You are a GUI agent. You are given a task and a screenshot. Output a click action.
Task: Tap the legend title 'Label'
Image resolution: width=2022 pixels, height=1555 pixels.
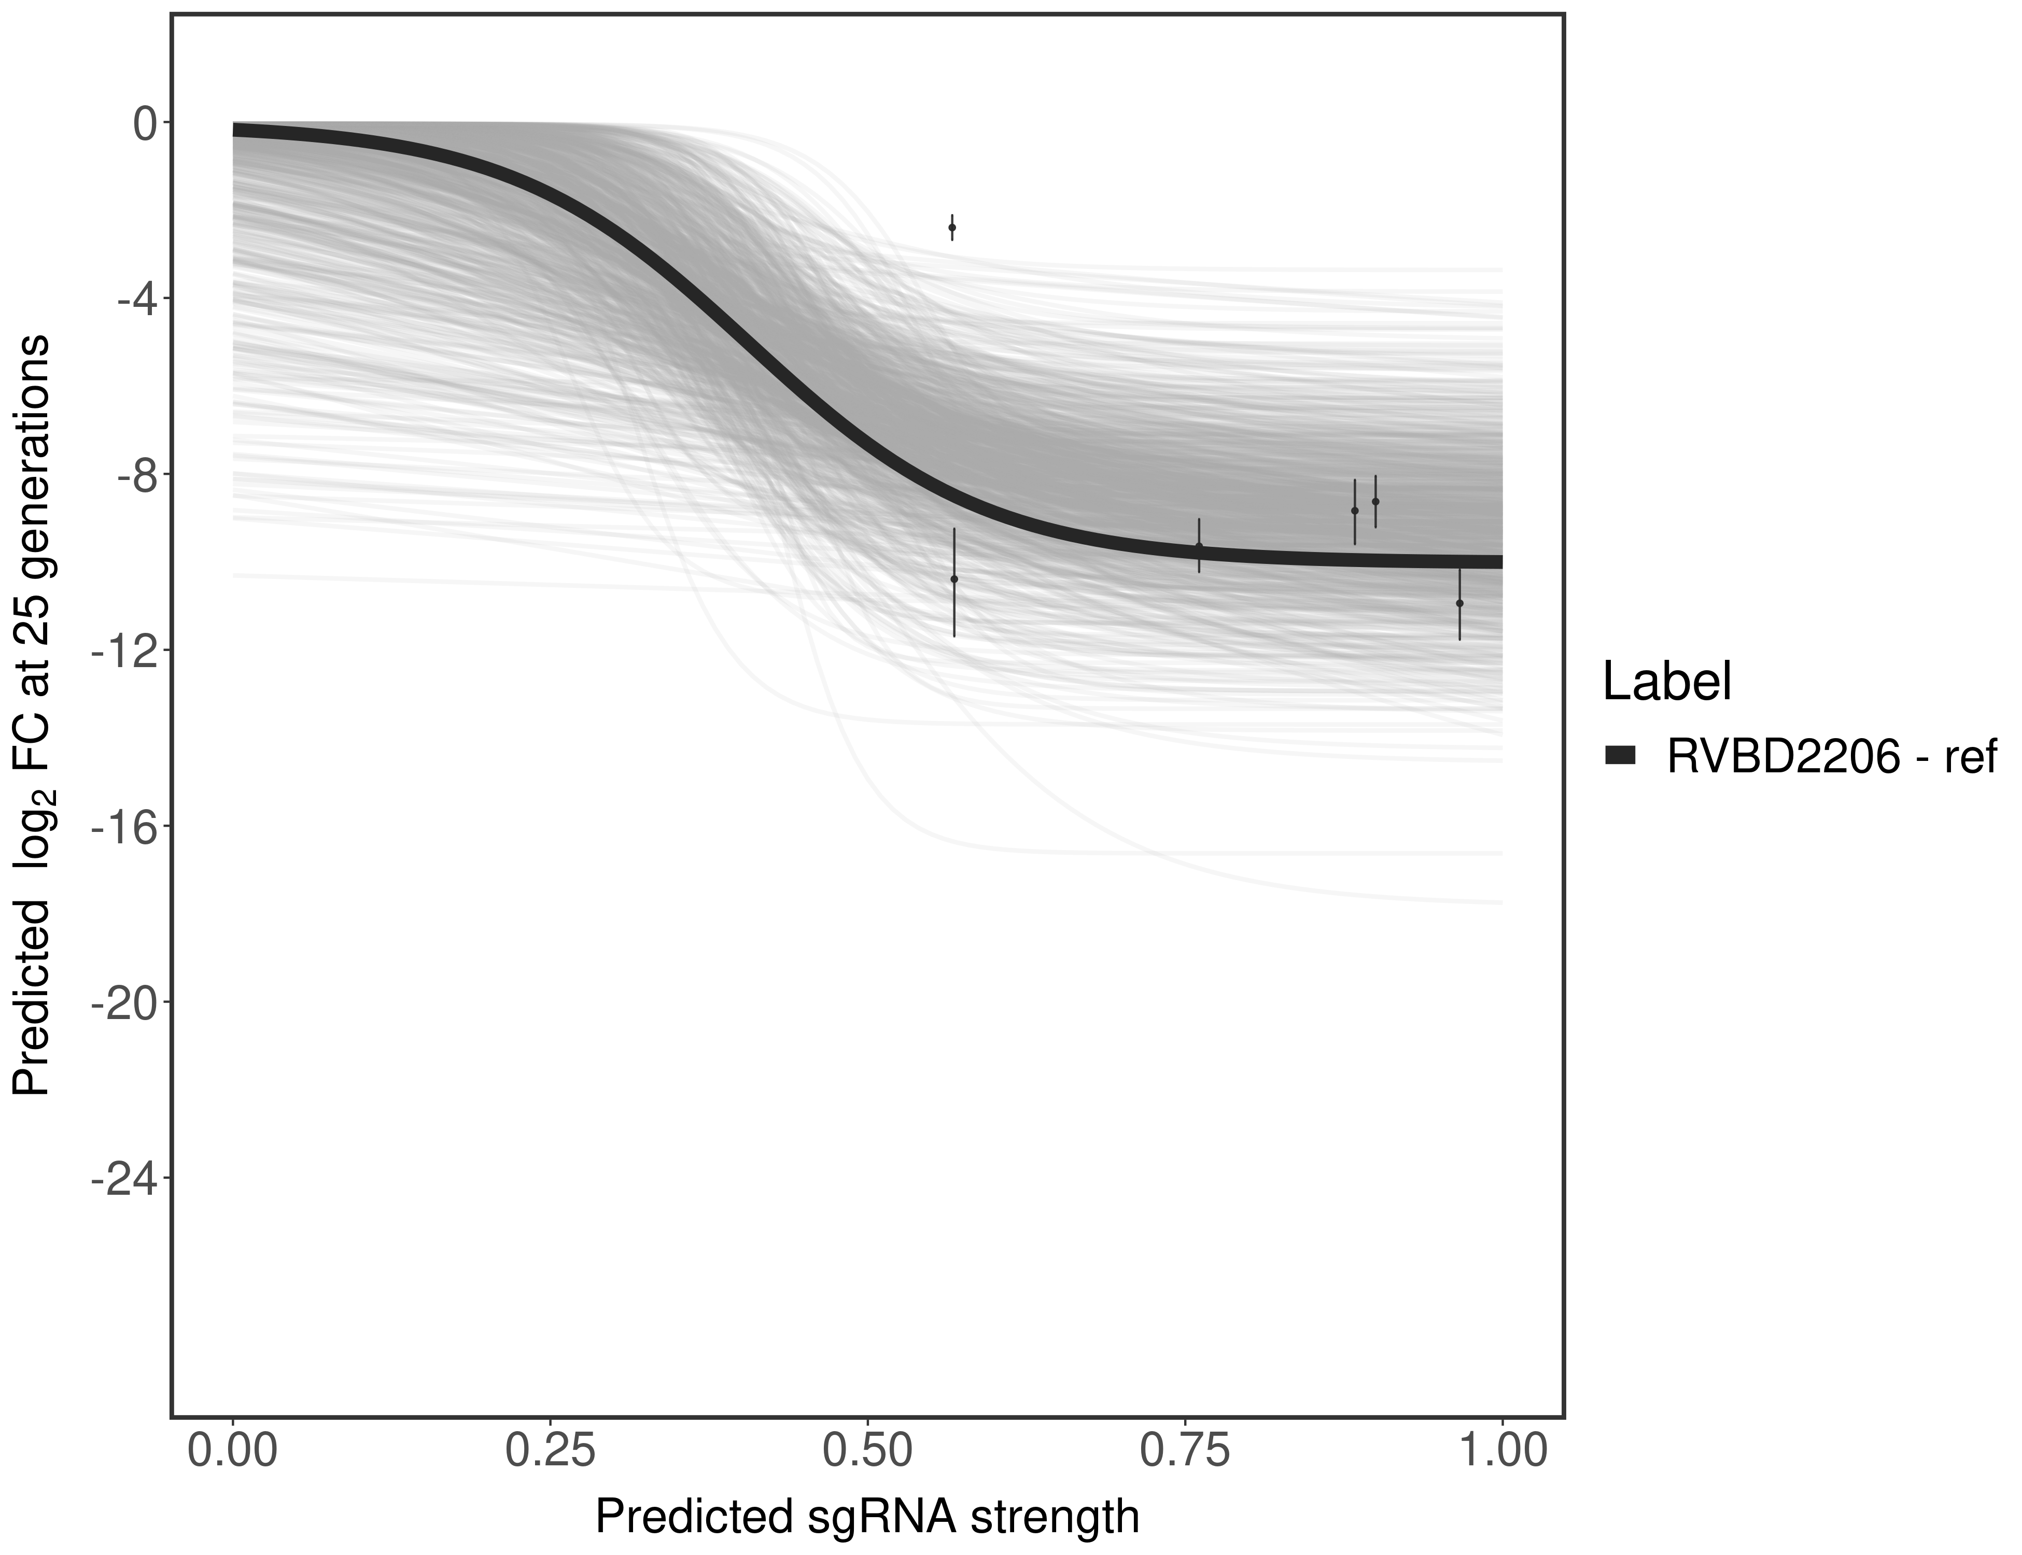pyautogui.click(x=1666, y=682)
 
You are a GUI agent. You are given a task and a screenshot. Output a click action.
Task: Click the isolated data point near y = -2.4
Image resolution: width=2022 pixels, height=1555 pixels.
pyautogui.click(x=952, y=228)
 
